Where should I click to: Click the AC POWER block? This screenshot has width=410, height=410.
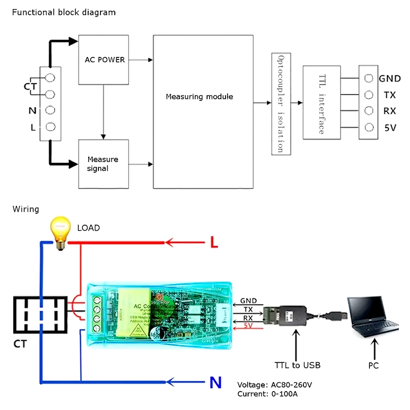click(104, 60)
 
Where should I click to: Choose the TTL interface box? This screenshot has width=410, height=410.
click(322, 102)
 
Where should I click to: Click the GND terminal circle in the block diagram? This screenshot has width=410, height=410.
click(368, 78)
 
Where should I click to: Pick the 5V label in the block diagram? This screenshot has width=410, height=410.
click(390, 128)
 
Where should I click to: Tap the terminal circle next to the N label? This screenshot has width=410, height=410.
click(51, 110)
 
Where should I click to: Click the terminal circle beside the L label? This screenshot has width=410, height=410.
click(51, 127)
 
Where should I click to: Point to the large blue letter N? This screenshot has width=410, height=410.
click(216, 382)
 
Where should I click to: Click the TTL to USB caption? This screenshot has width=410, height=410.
click(297, 365)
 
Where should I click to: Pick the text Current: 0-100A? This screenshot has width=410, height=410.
click(267, 394)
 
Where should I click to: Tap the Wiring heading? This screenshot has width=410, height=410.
click(26, 209)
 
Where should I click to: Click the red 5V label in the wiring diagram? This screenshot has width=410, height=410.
click(248, 325)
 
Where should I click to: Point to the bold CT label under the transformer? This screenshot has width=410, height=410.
click(20, 344)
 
